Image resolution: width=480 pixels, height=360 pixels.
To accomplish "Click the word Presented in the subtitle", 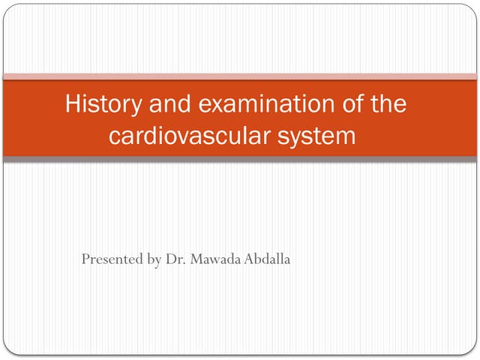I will coord(112,259).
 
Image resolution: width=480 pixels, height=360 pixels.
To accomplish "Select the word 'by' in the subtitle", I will coord(154,260).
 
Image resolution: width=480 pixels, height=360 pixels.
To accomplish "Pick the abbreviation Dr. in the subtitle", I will coord(175,259).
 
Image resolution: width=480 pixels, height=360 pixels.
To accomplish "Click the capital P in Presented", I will coord(85,259).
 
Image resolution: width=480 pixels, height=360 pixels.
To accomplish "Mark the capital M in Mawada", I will coord(195,259).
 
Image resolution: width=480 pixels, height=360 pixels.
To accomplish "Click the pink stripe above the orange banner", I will coord(240,76).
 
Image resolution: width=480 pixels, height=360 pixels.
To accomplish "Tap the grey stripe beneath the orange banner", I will coord(240,160).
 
